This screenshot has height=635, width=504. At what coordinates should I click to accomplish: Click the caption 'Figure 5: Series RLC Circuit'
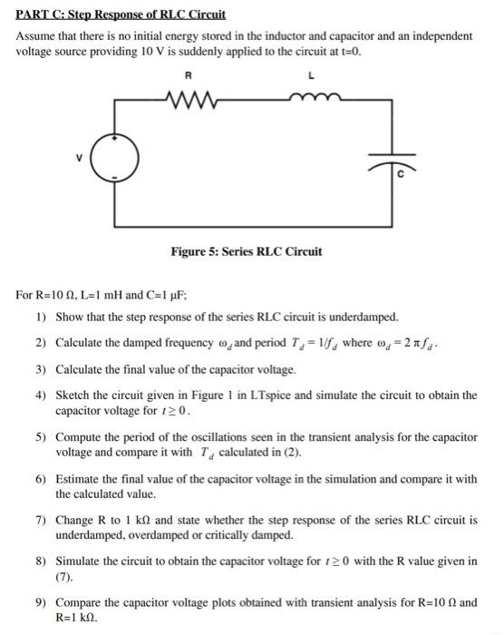click(246, 251)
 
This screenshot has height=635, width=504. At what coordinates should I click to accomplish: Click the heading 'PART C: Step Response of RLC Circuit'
click(121, 15)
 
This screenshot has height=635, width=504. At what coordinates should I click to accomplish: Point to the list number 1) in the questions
click(41, 317)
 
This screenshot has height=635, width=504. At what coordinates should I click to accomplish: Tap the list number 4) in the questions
click(41, 396)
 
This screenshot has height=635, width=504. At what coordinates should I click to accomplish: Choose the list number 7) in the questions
click(41, 522)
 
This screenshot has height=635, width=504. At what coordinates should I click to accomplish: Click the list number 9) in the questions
click(41, 601)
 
